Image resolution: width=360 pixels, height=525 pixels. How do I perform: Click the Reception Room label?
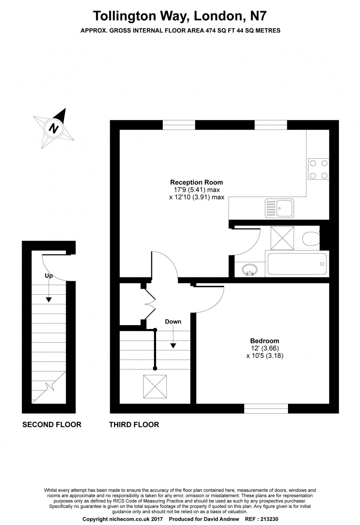coord(197,182)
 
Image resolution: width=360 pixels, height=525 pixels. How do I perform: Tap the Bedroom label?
coord(264,341)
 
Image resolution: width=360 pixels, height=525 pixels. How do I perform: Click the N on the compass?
coord(54,128)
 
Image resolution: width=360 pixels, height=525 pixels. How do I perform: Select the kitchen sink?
coord(280,208)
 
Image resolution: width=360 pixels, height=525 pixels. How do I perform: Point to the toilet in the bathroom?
coord(311,238)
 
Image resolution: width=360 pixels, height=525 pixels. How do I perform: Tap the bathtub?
coord(297,264)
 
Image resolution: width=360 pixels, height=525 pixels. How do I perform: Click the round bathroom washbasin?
coord(249,270)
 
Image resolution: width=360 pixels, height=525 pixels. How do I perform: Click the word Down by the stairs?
coord(173,321)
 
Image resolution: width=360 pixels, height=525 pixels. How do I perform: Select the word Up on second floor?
coord(49,276)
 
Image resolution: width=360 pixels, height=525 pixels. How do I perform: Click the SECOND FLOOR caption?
coord(52,424)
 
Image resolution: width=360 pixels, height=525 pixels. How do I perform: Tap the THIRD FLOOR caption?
coord(134,424)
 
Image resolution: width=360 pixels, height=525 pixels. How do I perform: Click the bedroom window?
coord(266,409)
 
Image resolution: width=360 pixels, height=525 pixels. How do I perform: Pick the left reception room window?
coord(179,125)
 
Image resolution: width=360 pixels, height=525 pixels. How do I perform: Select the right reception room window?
coord(271,125)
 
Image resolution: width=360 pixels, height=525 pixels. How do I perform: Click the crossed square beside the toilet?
coord(282,238)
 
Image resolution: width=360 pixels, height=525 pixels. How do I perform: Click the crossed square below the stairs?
coord(155,386)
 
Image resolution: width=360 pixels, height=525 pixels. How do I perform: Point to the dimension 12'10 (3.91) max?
coord(197,197)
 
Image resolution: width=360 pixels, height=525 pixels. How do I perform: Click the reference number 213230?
coord(269,519)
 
